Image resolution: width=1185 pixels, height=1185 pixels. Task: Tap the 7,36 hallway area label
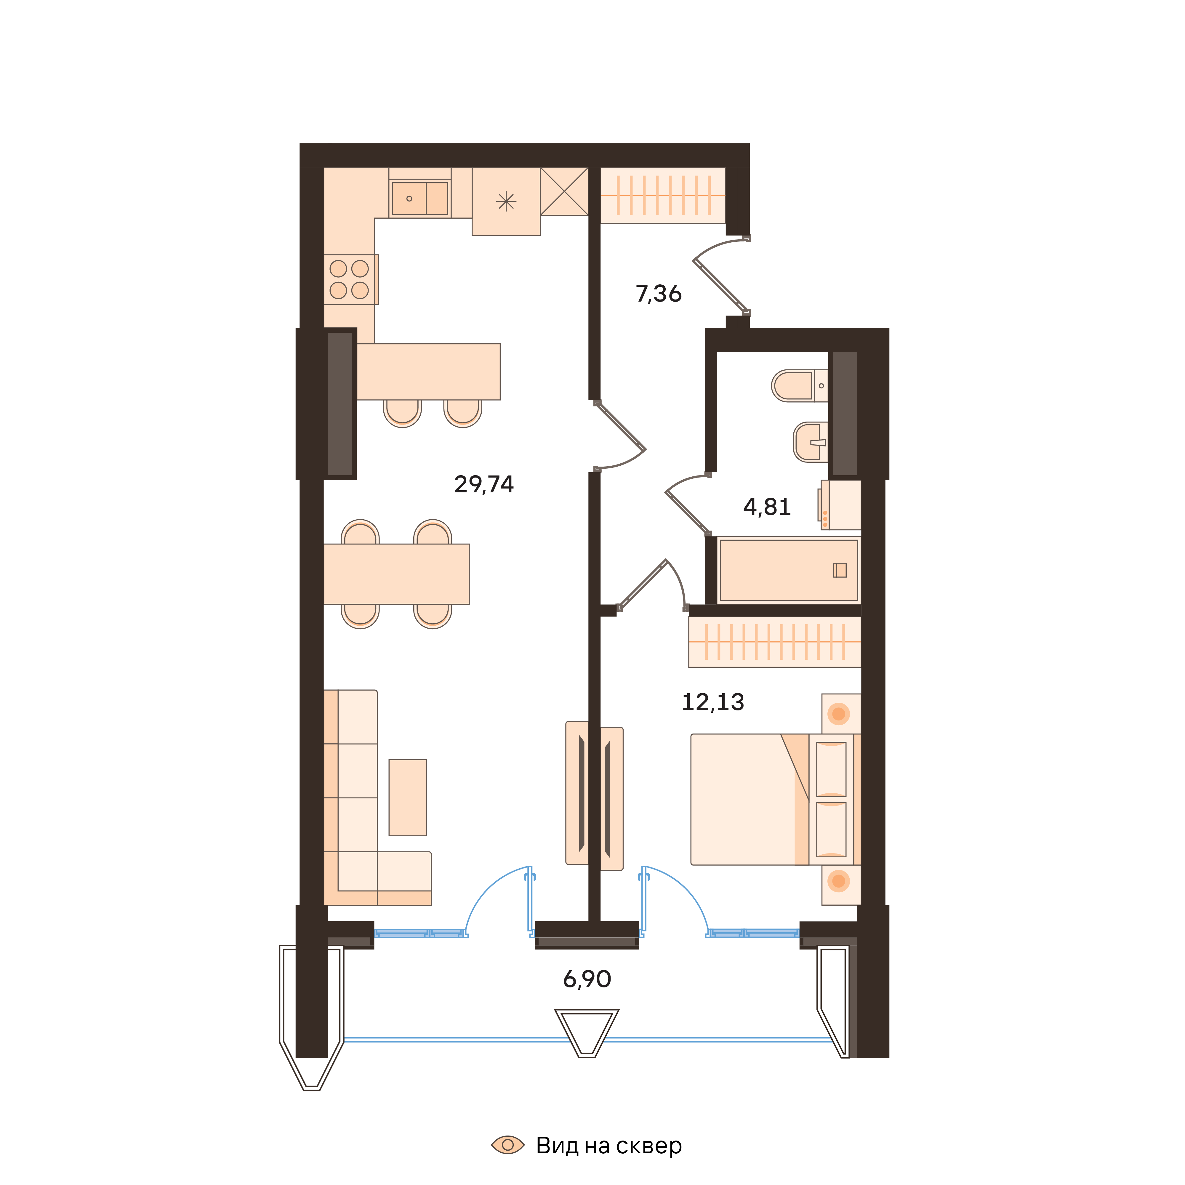pyautogui.click(x=658, y=294)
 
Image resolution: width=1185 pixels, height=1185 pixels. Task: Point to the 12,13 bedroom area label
pyautogui.click(x=713, y=702)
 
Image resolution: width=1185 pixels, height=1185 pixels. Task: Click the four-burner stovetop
pyautogui.click(x=350, y=279)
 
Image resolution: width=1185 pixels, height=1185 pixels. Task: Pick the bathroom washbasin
pyautogui.click(x=810, y=442)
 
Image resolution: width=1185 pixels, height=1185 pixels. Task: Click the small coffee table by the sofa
pyautogui.click(x=407, y=798)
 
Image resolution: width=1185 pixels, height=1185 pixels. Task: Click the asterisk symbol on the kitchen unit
pyautogui.click(x=506, y=201)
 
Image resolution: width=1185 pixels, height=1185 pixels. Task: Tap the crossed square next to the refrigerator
pyautogui.click(x=564, y=191)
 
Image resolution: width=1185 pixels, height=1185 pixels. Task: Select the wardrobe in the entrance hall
pyautogui.click(x=662, y=195)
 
